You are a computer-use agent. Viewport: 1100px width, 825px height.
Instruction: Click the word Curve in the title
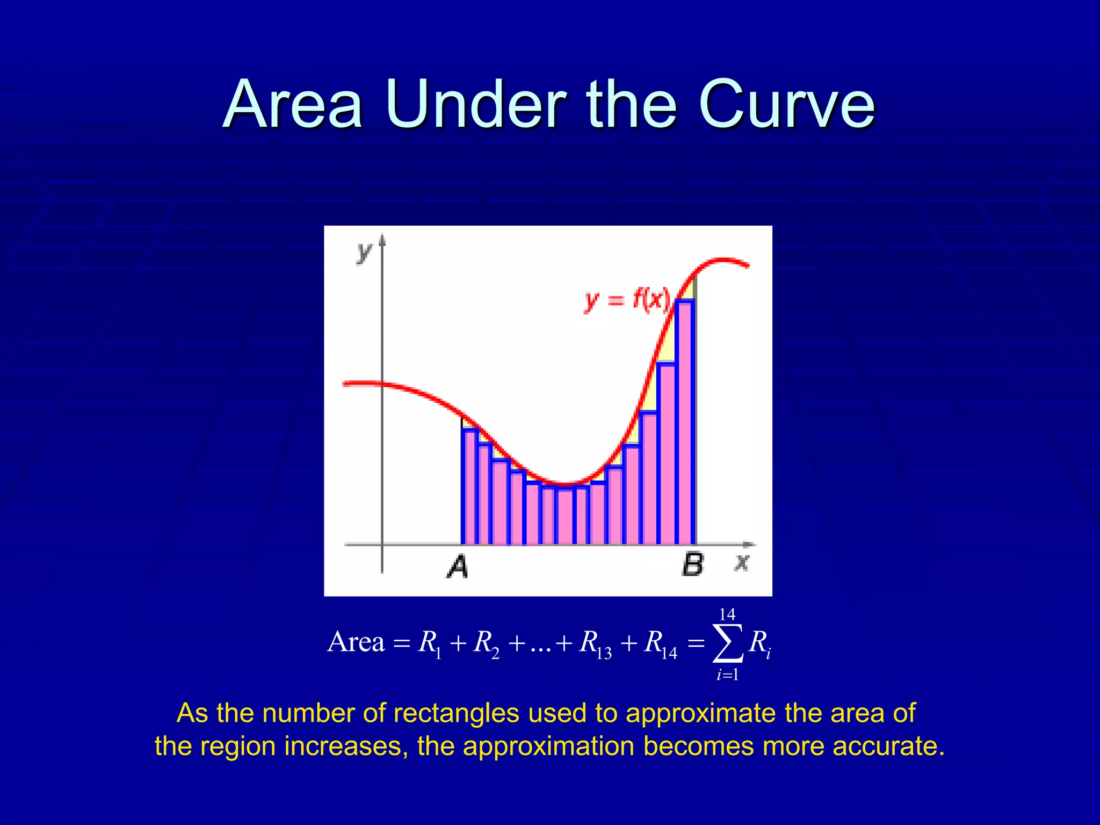[x=786, y=104]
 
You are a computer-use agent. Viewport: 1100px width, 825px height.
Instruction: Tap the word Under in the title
[x=475, y=104]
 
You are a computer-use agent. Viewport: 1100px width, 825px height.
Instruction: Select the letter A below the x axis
[x=458, y=567]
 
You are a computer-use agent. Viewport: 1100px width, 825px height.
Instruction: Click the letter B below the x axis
[x=692, y=565]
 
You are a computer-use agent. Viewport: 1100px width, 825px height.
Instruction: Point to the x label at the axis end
[x=742, y=562]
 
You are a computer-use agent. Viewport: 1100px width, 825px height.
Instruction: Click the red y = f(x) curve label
[x=627, y=300]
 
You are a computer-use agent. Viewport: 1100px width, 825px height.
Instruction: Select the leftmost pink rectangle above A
[x=469, y=486]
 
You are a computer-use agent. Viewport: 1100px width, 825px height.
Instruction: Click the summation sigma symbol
[x=728, y=643]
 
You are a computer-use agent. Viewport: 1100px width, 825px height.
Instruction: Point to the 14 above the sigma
[x=727, y=614]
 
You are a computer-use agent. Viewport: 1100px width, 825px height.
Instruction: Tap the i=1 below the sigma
[x=728, y=675]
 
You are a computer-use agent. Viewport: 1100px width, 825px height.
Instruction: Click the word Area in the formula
[x=356, y=642]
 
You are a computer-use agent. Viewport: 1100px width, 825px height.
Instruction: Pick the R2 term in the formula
[x=486, y=643]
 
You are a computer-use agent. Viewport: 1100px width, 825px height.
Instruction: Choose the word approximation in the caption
[x=548, y=746]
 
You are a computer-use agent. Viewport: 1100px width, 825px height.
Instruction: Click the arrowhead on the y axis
[x=382, y=239]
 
